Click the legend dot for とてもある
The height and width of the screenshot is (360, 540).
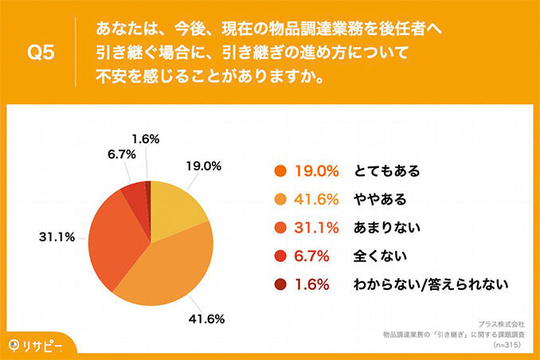[279, 170]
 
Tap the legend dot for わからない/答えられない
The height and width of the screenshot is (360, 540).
[279, 284]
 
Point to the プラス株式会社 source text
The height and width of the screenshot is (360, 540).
[501, 324]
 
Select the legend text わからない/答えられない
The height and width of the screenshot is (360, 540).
[431, 284]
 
